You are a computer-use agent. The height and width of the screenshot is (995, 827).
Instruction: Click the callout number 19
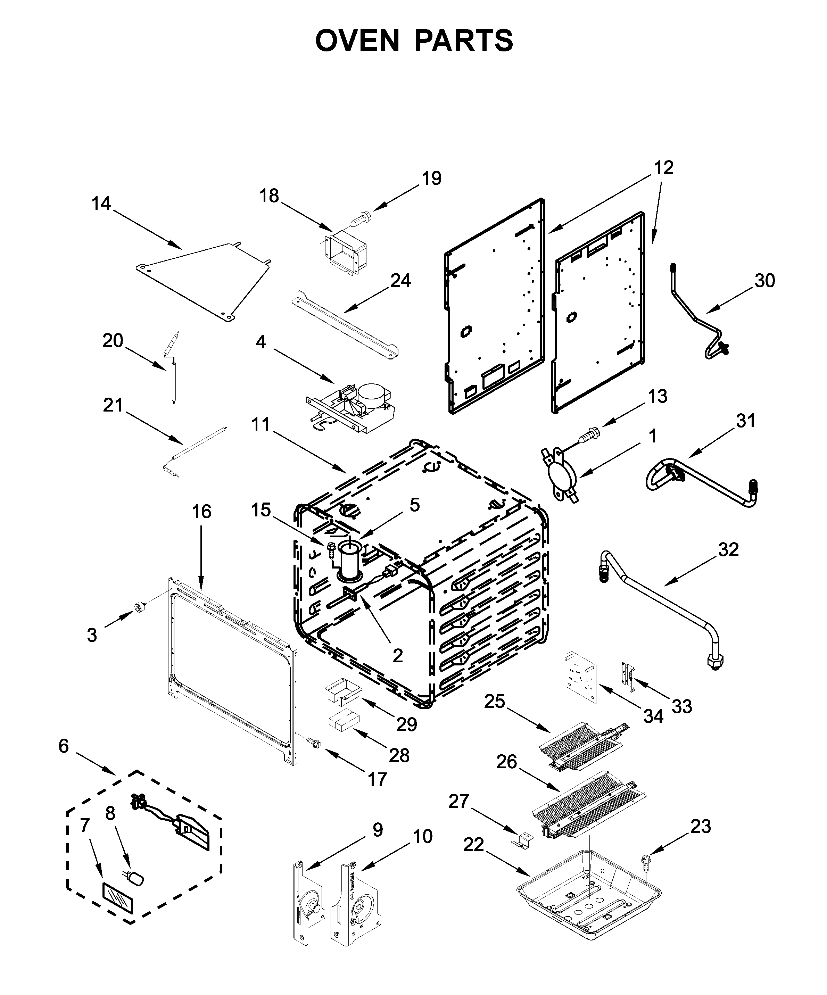point(431,179)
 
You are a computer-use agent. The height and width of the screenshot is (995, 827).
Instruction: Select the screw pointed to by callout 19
point(362,220)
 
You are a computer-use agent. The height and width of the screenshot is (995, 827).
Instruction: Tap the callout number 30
point(764,281)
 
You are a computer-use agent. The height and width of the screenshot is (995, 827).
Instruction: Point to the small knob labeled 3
point(140,607)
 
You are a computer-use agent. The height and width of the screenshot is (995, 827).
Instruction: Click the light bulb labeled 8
point(136,879)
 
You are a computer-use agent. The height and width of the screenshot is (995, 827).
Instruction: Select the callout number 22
point(473,844)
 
